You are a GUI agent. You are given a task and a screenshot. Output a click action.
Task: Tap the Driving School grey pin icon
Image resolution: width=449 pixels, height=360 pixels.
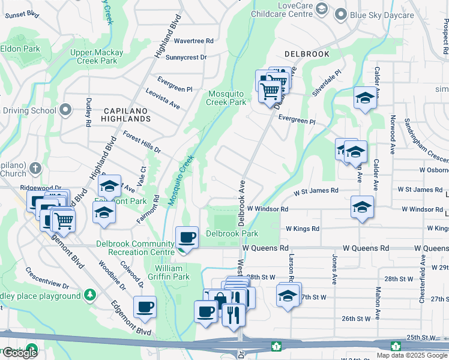point(65,110)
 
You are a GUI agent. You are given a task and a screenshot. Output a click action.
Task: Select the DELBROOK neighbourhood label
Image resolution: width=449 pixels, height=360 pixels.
point(307,54)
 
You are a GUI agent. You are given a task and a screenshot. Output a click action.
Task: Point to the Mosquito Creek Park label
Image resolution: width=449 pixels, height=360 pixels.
point(227,98)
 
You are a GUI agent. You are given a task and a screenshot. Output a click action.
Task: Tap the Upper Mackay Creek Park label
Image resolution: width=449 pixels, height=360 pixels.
point(96,56)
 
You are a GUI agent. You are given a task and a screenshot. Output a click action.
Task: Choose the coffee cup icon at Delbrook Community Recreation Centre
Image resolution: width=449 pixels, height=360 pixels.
point(187,238)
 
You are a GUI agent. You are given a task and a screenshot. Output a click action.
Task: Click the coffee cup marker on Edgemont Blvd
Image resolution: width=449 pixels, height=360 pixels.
point(145,308)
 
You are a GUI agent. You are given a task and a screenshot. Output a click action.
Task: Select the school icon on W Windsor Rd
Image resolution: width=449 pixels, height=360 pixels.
point(362,208)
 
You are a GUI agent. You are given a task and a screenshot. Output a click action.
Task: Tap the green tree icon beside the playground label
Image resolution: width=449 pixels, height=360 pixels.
point(89,295)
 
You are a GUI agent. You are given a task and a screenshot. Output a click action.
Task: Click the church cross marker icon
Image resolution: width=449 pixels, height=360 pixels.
point(36,169)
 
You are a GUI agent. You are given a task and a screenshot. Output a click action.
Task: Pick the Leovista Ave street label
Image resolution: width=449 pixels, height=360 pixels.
point(163,98)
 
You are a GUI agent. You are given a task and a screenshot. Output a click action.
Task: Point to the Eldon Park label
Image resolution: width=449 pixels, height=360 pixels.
point(20,49)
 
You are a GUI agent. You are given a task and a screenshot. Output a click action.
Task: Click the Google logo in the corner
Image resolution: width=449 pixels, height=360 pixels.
point(20,352)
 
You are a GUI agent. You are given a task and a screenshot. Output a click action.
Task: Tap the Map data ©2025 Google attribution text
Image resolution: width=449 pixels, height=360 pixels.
point(411,355)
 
